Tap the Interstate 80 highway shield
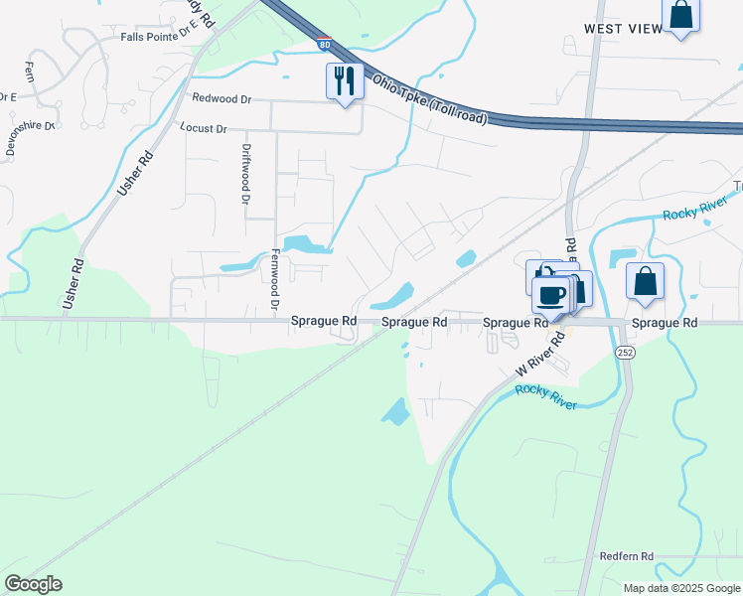click(x=325, y=44)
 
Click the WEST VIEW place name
click(x=623, y=29)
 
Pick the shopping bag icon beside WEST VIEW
click(x=681, y=15)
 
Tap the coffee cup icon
click(x=550, y=293)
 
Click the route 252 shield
click(x=625, y=353)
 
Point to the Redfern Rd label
click(x=627, y=556)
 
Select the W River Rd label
click(x=540, y=355)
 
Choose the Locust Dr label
click(x=203, y=128)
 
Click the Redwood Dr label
click(x=223, y=97)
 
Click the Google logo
click(x=33, y=584)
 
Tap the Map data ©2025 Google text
click(x=680, y=588)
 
